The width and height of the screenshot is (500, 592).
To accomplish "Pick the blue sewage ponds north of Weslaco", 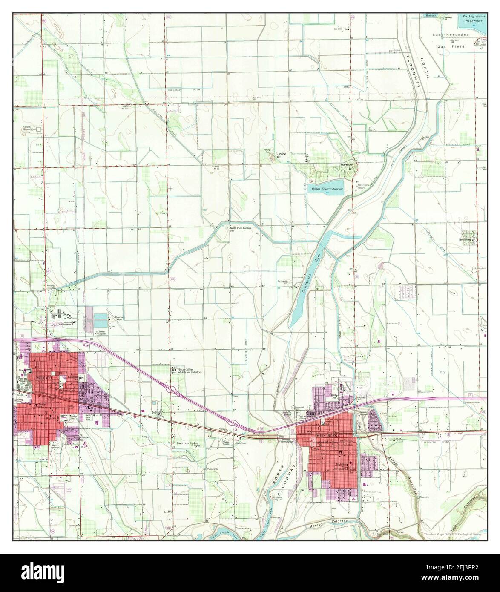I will click(x=101, y=318).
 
